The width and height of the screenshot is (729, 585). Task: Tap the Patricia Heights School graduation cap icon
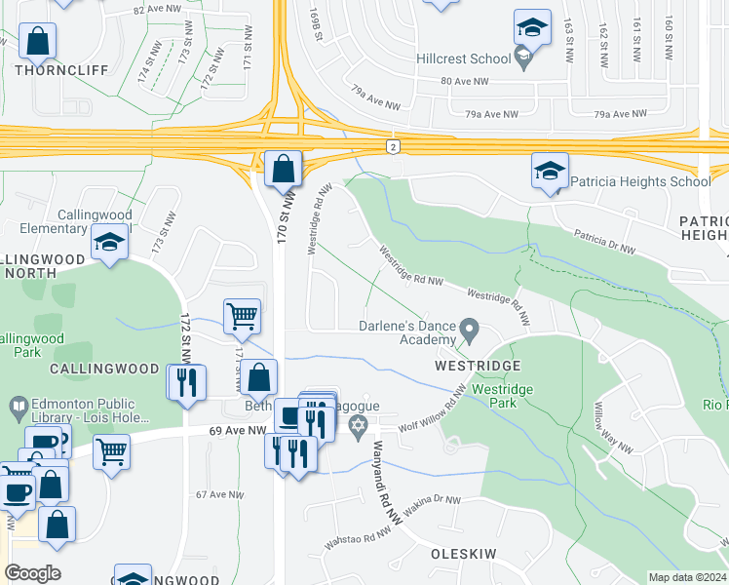click(x=550, y=172)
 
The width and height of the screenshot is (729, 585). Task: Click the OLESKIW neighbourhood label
click(x=464, y=553)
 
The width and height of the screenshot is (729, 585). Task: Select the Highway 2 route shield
click(x=392, y=146)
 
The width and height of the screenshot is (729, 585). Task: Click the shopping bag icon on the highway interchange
click(x=282, y=170)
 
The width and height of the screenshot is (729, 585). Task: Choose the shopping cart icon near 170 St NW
click(x=242, y=317)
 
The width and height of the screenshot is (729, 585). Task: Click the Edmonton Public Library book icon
click(x=18, y=405)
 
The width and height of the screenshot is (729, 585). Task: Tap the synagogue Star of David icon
click(x=358, y=425)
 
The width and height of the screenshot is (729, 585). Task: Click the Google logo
click(x=33, y=573)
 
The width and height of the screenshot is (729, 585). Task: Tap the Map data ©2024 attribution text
click(x=686, y=577)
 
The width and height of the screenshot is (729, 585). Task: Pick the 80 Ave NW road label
click(x=462, y=81)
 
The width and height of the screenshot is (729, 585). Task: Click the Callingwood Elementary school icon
click(x=109, y=244)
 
